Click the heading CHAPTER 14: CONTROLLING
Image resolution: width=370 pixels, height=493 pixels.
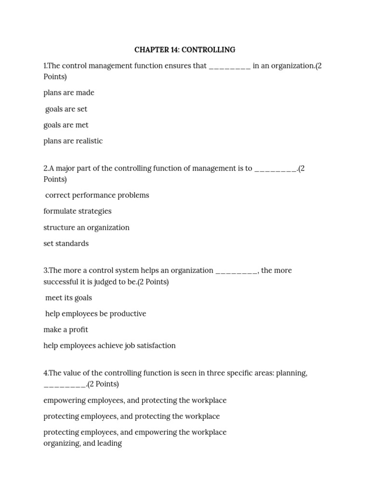click(x=185, y=50)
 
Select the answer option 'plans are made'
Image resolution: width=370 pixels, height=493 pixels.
click(x=69, y=92)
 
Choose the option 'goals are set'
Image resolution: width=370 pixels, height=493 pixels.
click(x=66, y=109)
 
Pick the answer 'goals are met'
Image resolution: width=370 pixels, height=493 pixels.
click(x=66, y=125)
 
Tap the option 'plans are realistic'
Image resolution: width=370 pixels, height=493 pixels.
click(x=73, y=141)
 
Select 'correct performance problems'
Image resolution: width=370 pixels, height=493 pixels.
click(x=97, y=195)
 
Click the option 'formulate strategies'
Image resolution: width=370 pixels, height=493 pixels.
click(x=77, y=211)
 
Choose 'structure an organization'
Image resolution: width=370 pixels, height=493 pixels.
click(x=86, y=227)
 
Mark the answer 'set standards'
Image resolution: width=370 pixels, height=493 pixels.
click(x=66, y=243)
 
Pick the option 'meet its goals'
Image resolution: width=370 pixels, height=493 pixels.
click(x=68, y=298)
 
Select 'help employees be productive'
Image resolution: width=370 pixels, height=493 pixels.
click(x=95, y=313)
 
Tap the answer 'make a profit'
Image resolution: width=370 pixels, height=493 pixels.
click(x=66, y=329)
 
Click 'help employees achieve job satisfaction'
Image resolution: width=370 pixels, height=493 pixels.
click(x=109, y=345)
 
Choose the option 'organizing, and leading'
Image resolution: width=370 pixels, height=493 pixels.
click(x=82, y=443)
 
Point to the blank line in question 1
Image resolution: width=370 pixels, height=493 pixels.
click(x=229, y=67)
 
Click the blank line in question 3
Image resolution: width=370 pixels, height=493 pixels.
click(x=237, y=272)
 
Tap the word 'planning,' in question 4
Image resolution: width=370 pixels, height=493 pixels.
click(x=291, y=373)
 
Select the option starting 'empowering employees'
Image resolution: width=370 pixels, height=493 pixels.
click(x=135, y=400)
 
